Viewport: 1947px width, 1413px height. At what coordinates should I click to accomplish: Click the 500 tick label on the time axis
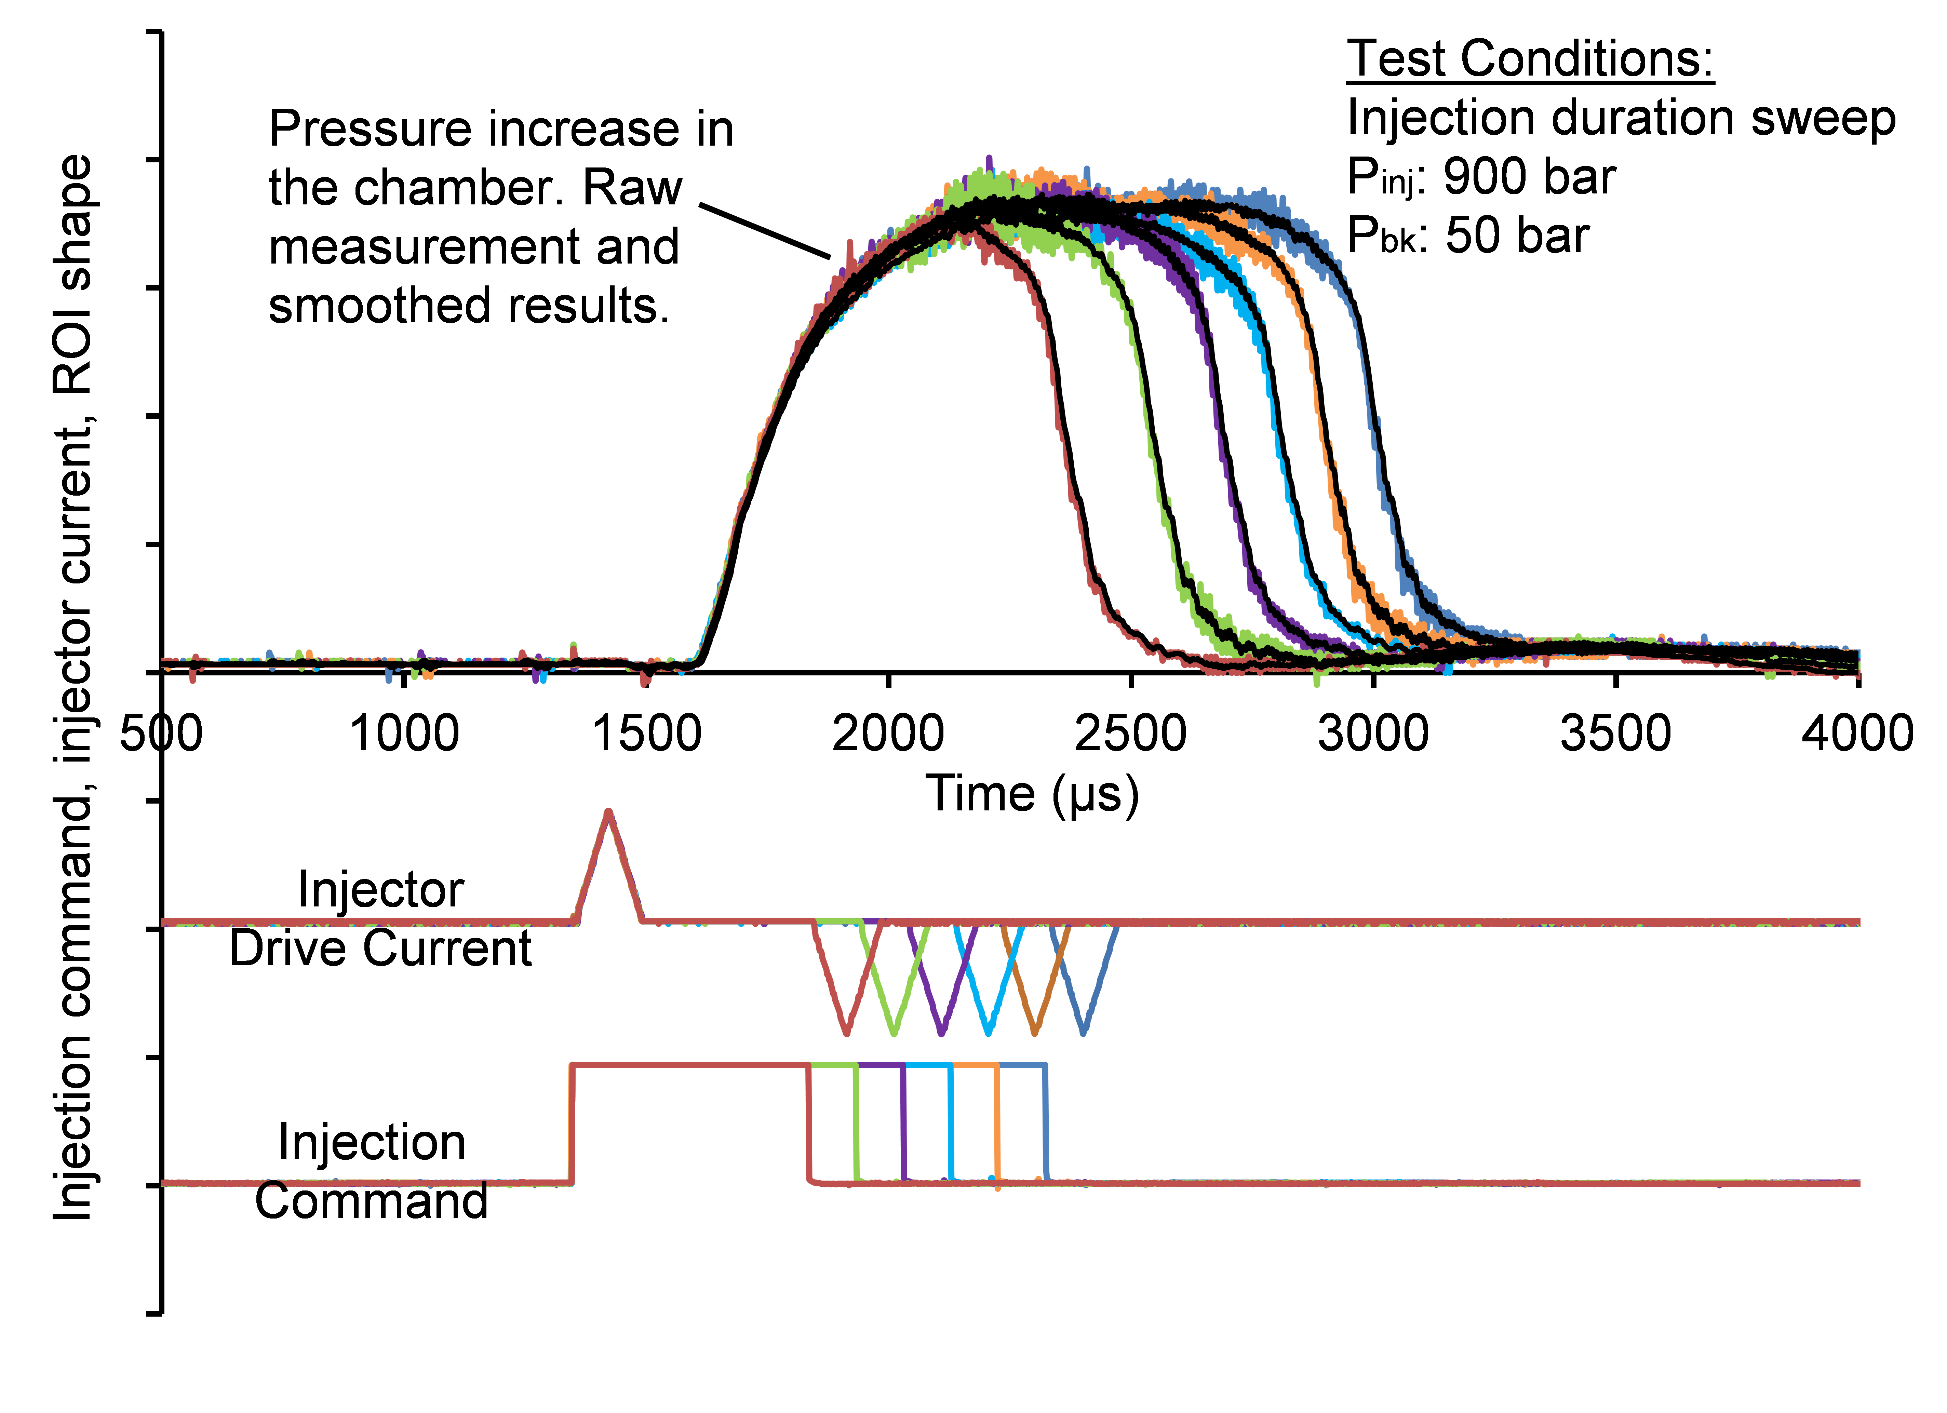pos(161,734)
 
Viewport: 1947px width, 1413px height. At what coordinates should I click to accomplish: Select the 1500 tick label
pos(646,734)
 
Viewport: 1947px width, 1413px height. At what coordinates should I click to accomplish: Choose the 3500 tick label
pos(1616,734)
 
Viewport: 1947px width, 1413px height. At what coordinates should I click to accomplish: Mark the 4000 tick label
pos(1857,734)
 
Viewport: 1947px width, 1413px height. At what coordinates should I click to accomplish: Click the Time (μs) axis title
pos(1032,794)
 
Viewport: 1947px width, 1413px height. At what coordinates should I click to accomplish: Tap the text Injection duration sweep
pos(1621,119)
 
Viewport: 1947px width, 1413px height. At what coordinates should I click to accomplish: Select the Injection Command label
pos(372,1172)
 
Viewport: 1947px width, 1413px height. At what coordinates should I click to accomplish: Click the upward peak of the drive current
pos(609,811)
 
